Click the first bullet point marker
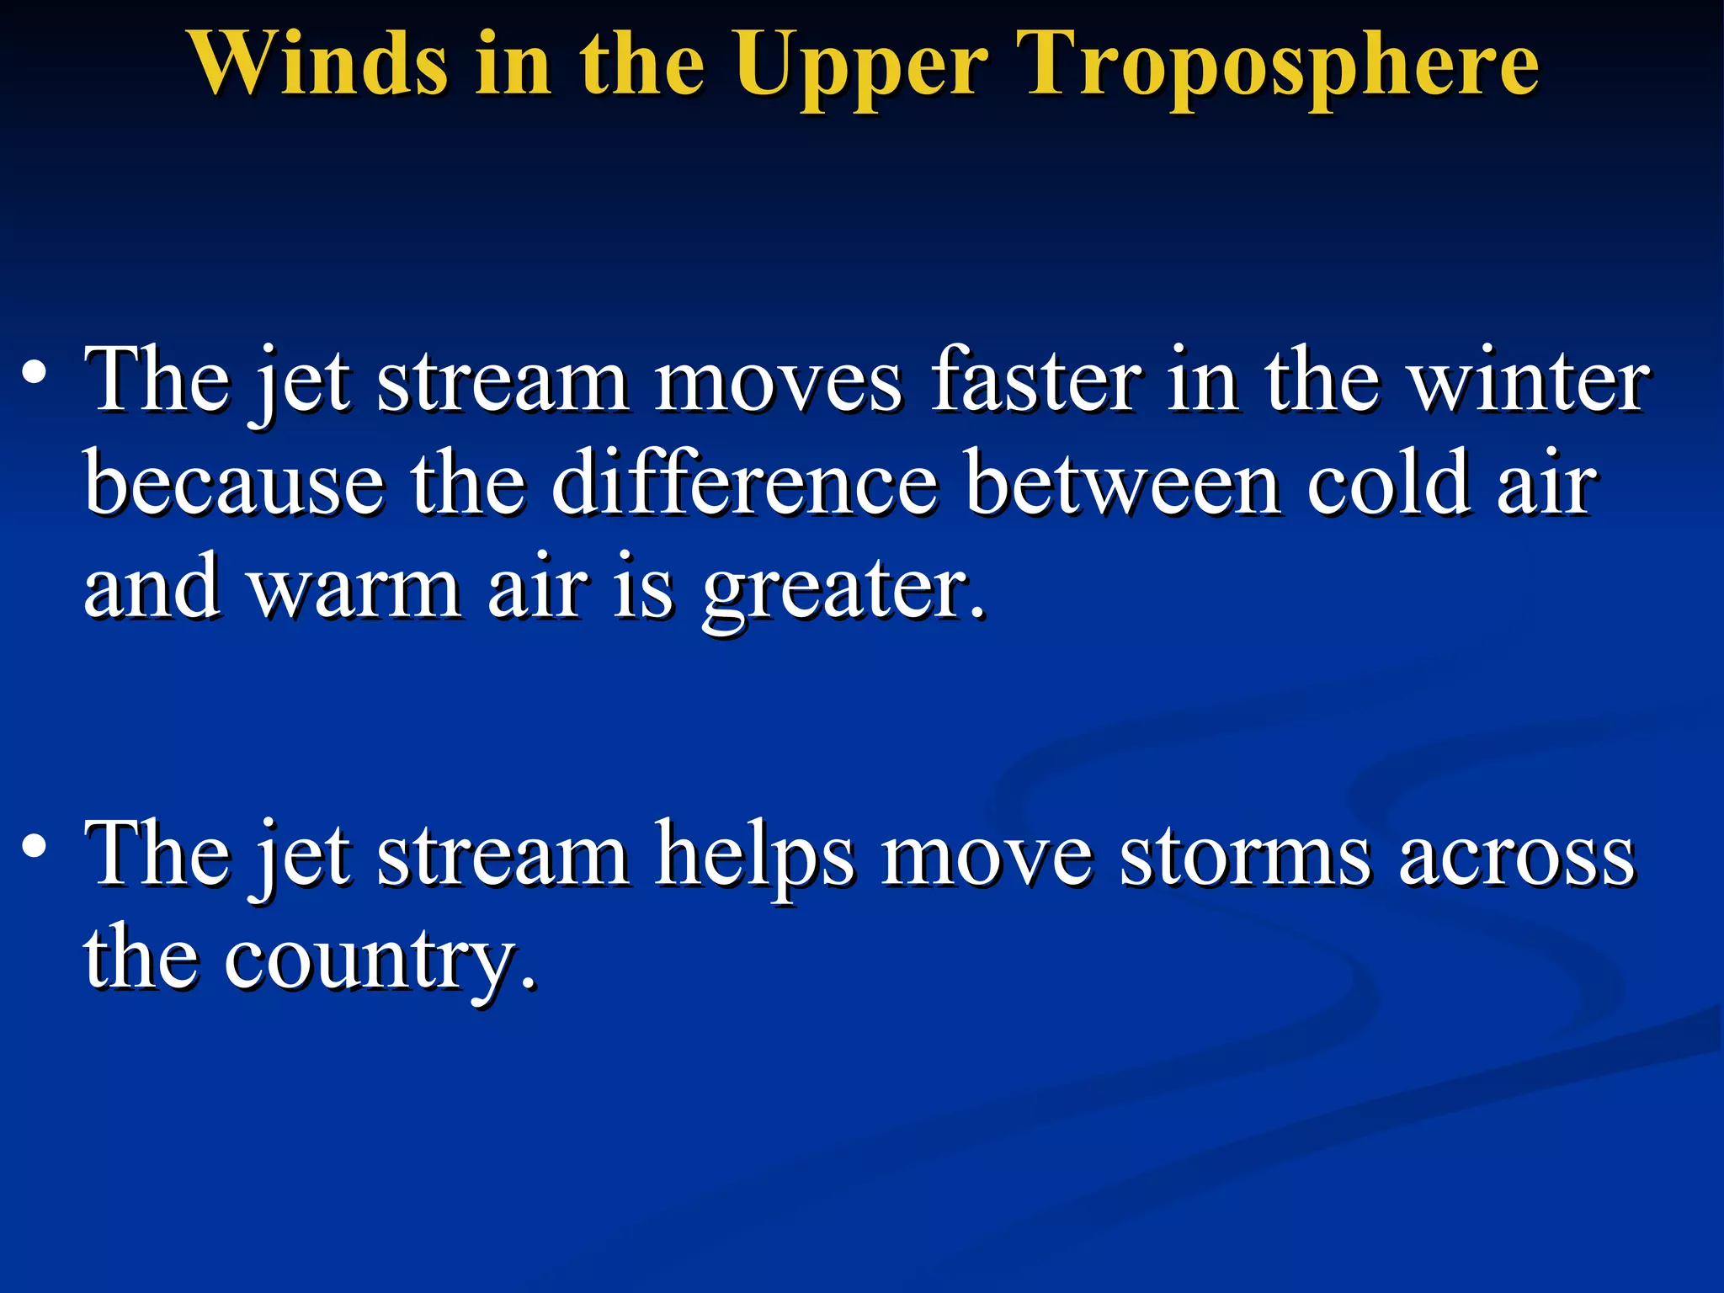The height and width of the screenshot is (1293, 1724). pyautogui.click(x=34, y=373)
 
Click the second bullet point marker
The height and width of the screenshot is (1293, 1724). pyautogui.click(x=34, y=847)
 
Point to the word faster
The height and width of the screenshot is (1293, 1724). pyautogui.click(x=1036, y=380)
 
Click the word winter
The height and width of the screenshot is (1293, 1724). pyautogui.click(x=1529, y=380)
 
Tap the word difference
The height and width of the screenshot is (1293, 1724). pyautogui.click(x=744, y=484)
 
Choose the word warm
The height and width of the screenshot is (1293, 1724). pyautogui.click(x=354, y=588)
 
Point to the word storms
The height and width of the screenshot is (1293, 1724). pyautogui.click(x=1245, y=855)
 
